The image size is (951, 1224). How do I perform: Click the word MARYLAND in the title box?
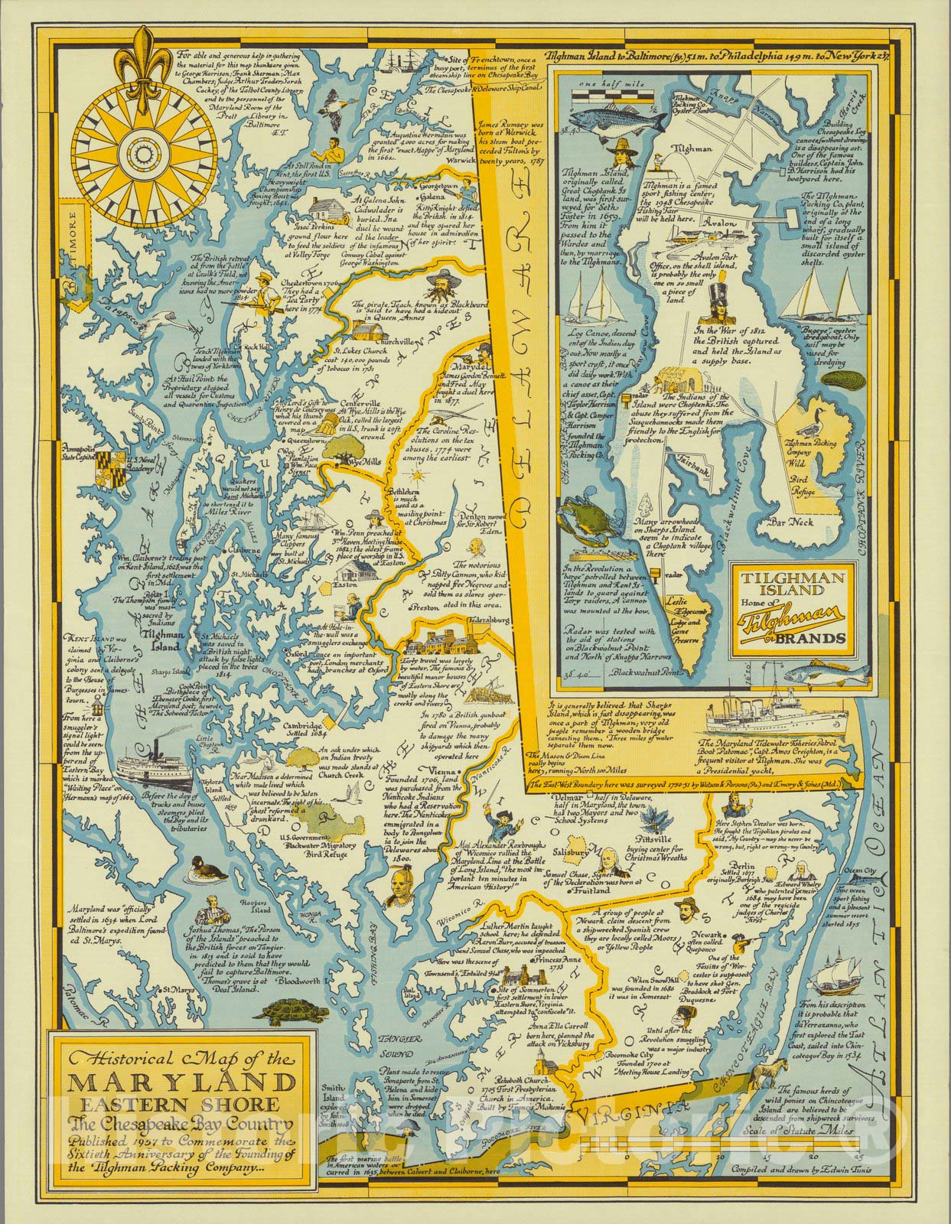(x=173, y=1083)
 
